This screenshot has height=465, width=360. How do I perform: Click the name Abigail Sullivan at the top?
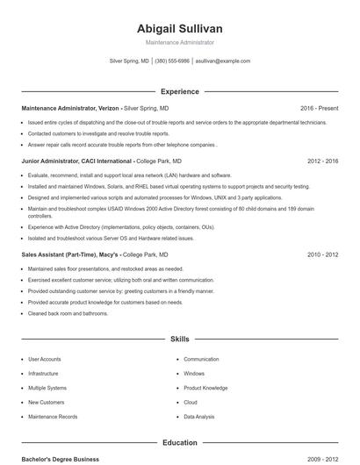[x=179, y=28]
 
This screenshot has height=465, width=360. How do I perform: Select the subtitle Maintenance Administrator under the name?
[x=179, y=42]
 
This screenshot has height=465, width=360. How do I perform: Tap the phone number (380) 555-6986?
[x=171, y=61]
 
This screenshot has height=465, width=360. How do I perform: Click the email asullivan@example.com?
[x=222, y=61]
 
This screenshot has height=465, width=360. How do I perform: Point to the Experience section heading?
[x=179, y=91]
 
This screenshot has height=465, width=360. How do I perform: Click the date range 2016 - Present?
[x=319, y=108]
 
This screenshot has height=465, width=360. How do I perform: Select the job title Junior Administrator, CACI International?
[x=77, y=161]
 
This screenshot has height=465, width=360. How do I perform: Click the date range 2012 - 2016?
[x=323, y=161]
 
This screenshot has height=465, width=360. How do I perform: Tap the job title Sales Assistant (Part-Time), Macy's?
[x=69, y=254]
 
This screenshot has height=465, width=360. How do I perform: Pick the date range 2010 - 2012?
[x=323, y=254]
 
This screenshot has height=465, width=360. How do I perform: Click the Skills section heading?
[x=179, y=338]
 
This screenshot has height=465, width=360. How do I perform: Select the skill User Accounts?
[x=45, y=359]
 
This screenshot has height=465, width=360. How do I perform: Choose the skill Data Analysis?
[x=198, y=417]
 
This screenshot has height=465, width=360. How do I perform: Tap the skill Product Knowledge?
[x=205, y=388]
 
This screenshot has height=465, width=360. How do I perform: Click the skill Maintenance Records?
[x=53, y=417]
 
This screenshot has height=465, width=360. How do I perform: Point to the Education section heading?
[x=179, y=443]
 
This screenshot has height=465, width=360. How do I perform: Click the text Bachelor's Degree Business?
[x=61, y=459]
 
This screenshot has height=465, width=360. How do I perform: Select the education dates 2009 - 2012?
[x=323, y=459]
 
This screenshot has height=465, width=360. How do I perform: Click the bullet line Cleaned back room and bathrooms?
[x=68, y=313]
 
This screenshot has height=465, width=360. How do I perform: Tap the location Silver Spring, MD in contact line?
[x=129, y=61]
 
